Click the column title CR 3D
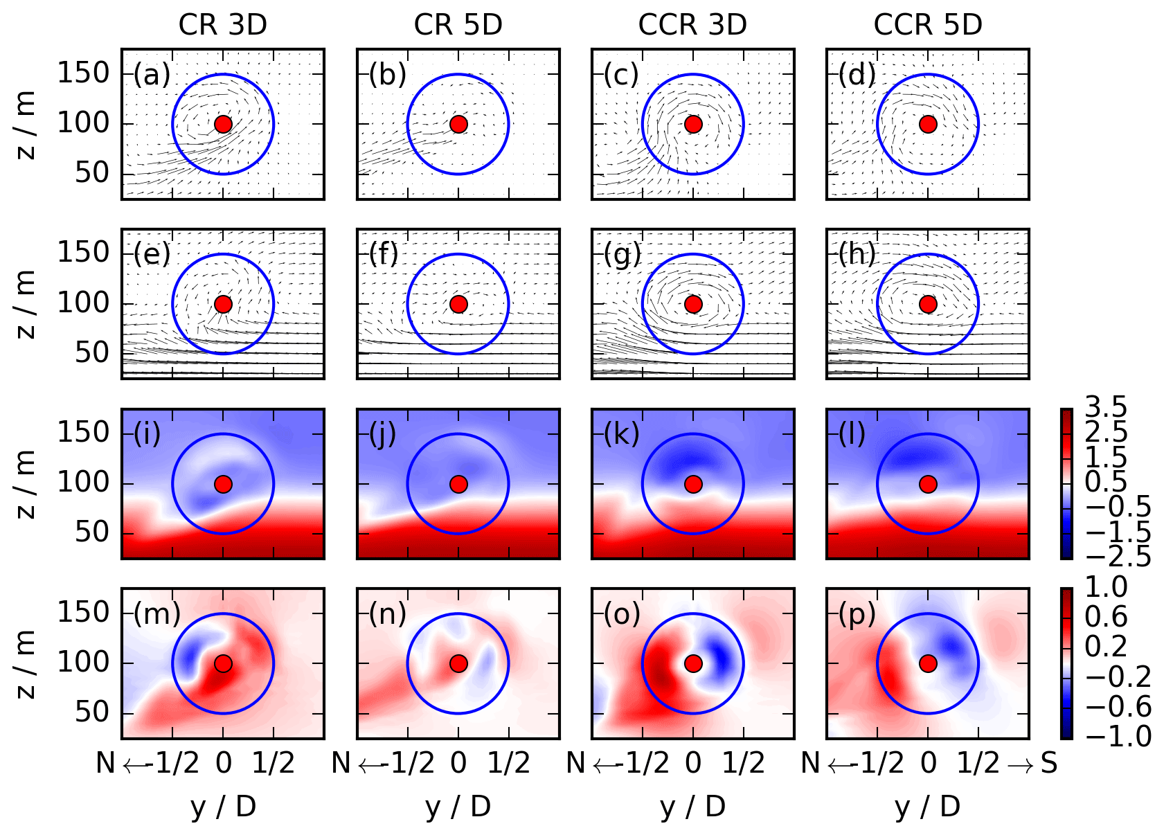click(222, 25)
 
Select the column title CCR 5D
click(927, 25)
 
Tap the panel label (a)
click(152, 75)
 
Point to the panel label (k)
click(621, 434)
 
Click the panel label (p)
click(857, 613)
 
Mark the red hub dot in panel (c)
click(693, 124)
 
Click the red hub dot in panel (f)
click(458, 304)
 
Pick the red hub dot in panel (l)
click(928, 484)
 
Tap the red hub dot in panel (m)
click(223, 663)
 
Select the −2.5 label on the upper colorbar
click(1118, 557)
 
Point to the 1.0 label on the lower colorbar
click(1106, 587)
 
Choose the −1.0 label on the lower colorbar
click(1118, 737)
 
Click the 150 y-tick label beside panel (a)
click(83, 73)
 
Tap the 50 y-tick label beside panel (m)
click(92, 712)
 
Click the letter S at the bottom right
click(1048, 763)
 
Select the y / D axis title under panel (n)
click(458, 807)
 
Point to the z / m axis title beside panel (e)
click(26, 304)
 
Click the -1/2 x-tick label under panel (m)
click(170, 763)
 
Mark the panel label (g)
click(622, 255)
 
